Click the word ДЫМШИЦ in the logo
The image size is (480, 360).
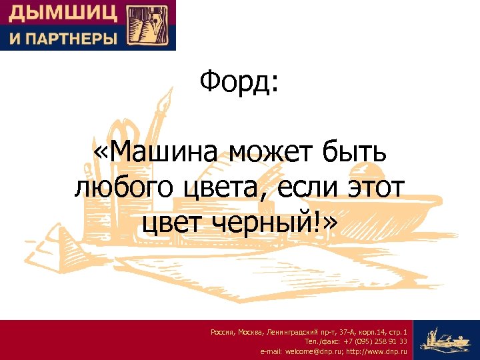click(63, 13)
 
